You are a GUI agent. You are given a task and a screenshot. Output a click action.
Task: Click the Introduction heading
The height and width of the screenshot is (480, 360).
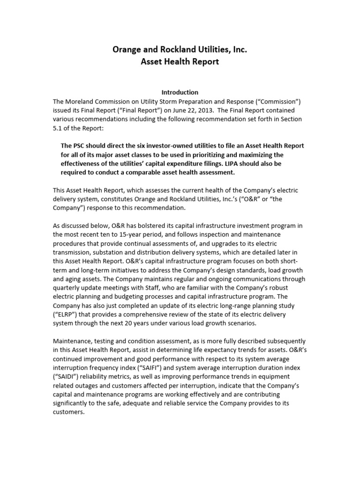pos(180,92)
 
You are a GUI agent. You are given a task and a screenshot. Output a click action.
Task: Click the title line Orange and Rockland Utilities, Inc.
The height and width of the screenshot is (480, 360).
pos(180,49)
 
